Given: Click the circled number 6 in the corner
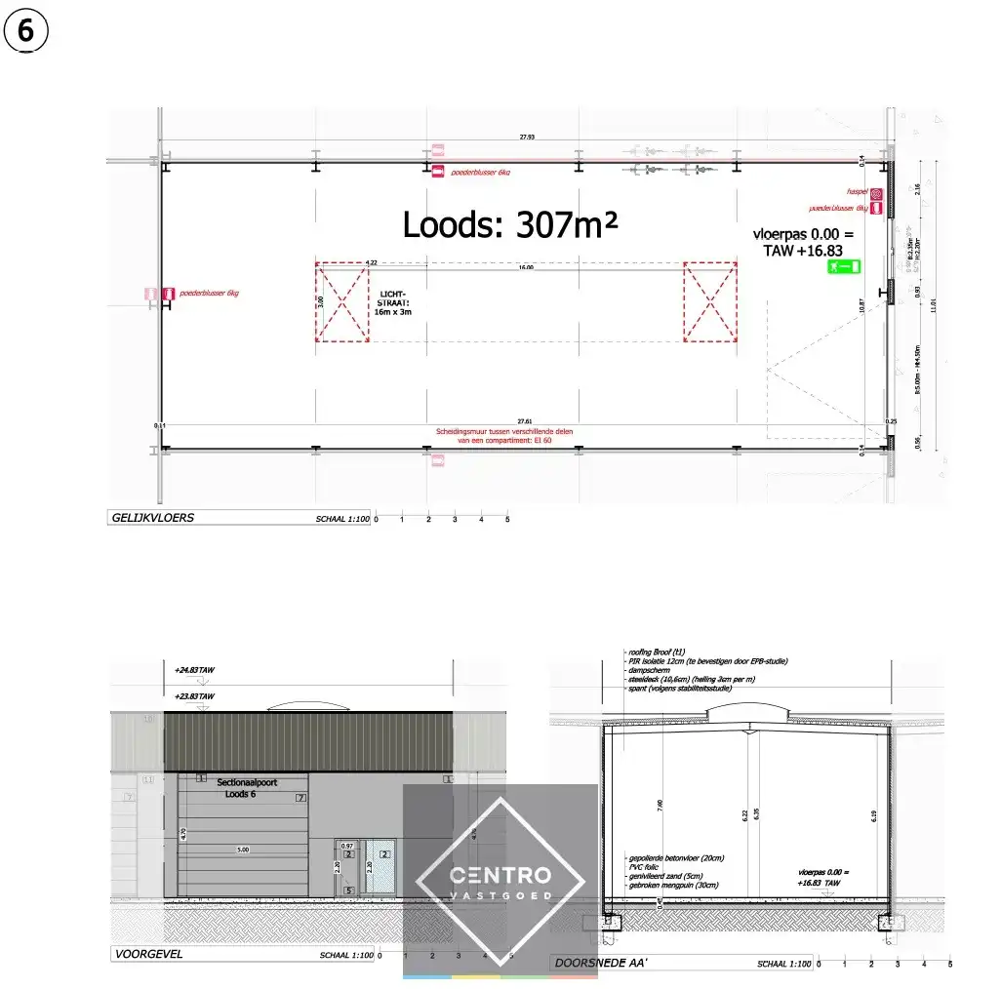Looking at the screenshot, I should tap(25, 31).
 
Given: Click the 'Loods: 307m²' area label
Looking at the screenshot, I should tap(510, 225).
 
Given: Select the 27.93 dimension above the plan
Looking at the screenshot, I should tap(527, 138).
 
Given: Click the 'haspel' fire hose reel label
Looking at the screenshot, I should tap(858, 193).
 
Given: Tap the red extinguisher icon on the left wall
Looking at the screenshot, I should tap(169, 293).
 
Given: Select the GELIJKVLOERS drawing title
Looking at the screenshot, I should tap(153, 518).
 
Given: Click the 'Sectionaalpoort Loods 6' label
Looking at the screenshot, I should tap(240, 788).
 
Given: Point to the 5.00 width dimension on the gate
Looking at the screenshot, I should tap(242, 850).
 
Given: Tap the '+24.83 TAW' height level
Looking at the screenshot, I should tap(194, 671).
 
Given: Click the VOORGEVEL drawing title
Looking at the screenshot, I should tap(148, 956).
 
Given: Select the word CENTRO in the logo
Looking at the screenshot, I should tap(500, 876).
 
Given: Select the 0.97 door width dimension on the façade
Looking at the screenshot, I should tap(347, 845).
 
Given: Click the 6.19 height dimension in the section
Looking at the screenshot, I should tap(874, 816).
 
